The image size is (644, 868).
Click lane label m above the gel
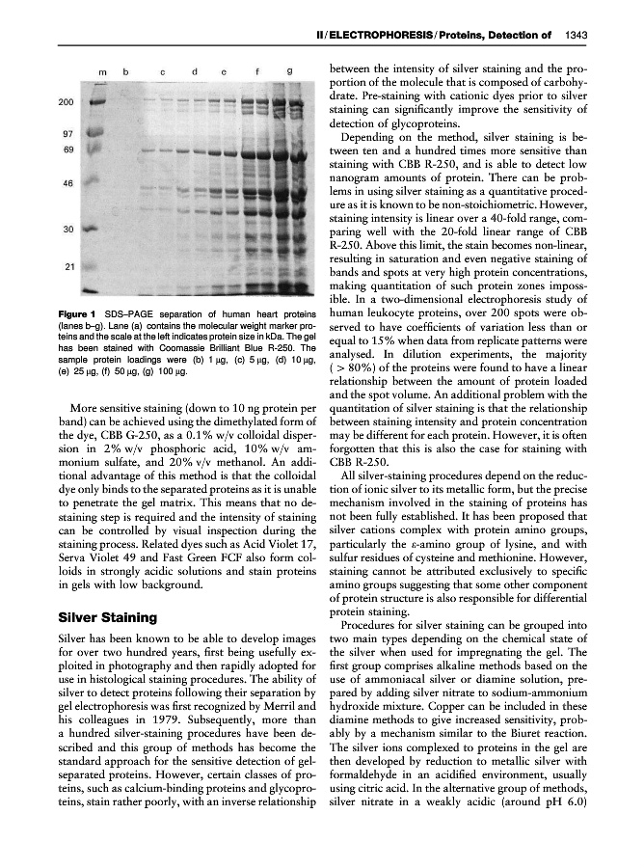(101, 71)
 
